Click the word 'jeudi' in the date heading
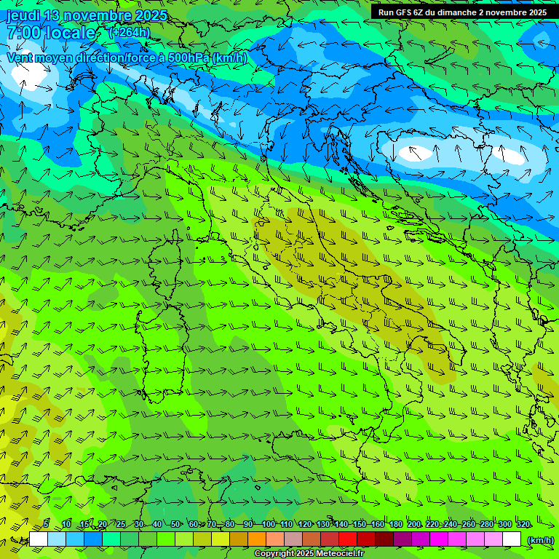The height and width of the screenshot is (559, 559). click(23, 15)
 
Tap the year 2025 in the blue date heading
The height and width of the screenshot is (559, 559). click(149, 15)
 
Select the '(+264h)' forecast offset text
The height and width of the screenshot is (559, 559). click(130, 32)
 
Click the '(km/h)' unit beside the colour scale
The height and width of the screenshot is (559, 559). click(539, 539)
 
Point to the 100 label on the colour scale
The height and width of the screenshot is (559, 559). click(268, 524)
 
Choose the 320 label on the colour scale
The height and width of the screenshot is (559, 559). click(523, 524)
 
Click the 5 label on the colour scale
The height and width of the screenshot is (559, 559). click(47, 524)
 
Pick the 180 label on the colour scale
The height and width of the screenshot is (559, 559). click(395, 524)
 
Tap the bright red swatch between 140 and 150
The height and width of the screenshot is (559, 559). click(348, 539)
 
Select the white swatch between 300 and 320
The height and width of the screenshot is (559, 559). click(512, 539)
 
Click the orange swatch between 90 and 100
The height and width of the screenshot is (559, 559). click(257, 539)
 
